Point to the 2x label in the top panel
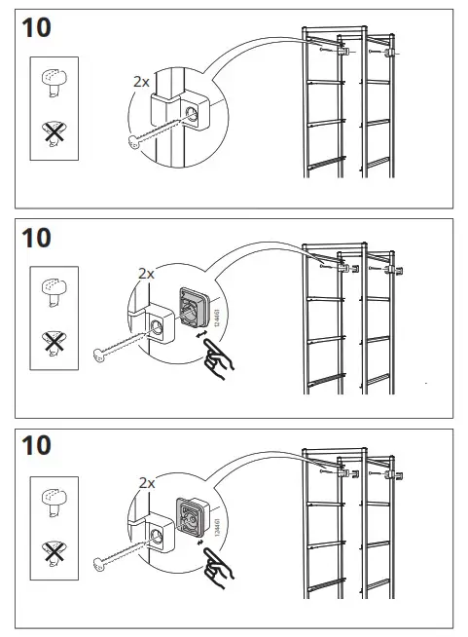point(141,82)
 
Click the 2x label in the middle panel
point(146,275)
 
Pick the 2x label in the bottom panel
point(147,482)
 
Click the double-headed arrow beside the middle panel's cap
point(203,334)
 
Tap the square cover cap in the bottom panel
point(192,518)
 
